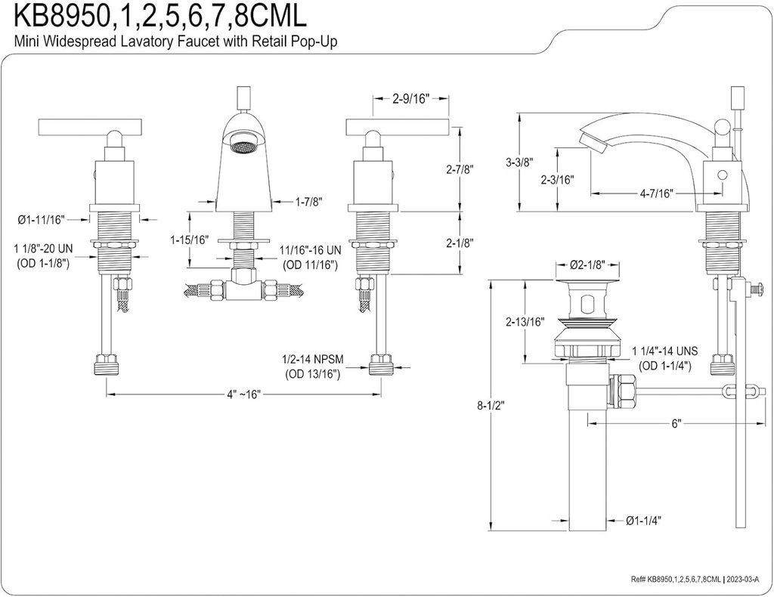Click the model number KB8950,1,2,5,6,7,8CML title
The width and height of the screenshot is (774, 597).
[144, 15]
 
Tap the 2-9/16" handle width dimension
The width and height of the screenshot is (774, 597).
[410, 97]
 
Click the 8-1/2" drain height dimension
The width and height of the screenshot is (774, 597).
[491, 405]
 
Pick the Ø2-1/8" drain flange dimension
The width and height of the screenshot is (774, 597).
[588, 265]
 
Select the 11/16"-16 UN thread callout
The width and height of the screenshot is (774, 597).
[310, 250]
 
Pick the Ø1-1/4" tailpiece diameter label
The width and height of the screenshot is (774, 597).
[644, 520]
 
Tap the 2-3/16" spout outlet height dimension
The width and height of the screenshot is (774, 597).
[558, 180]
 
